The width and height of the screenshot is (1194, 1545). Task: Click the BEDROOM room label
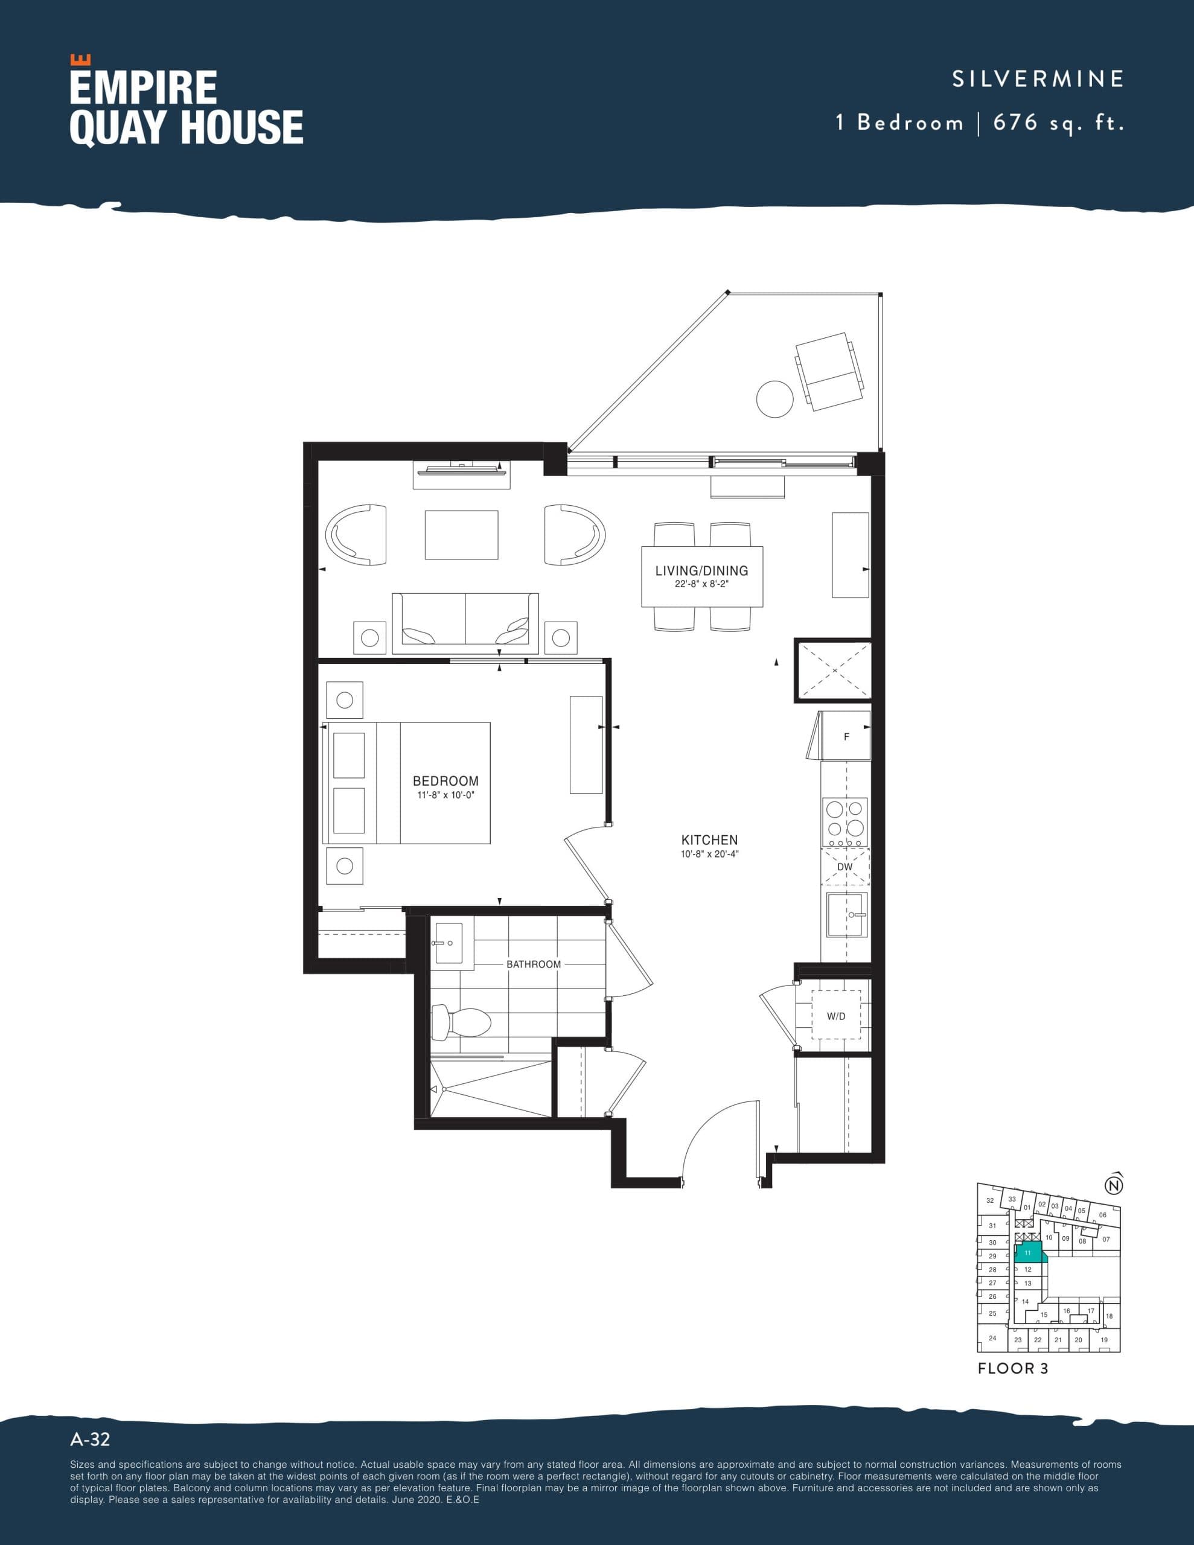(x=445, y=781)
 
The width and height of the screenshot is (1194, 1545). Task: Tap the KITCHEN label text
(x=709, y=839)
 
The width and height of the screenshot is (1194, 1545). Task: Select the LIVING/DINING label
(x=701, y=571)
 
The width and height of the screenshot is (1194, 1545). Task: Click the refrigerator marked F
(x=846, y=736)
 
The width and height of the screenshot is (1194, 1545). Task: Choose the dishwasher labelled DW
(x=845, y=867)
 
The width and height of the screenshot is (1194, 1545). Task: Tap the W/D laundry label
(x=836, y=1016)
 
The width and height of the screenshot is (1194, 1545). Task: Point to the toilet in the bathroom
(x=464, y=1022)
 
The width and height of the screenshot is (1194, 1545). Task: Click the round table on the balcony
(x=774, y=399)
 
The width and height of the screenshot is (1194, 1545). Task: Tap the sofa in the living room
(x=465, y=620)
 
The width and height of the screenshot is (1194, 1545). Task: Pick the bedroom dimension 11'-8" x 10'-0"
(x=445, y=795)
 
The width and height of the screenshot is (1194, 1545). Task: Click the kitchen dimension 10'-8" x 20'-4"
(x=709, y=854)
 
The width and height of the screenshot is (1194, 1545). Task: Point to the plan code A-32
(x=90, y=1439)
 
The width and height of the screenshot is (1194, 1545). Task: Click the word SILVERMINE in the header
(x=1038, y=78)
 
